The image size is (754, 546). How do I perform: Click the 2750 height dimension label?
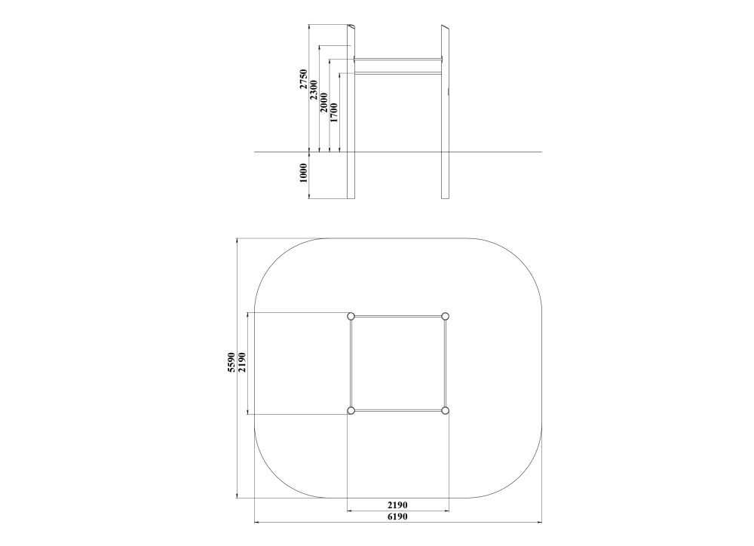coord(303,79)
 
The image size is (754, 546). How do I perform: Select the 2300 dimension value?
coord(314,90)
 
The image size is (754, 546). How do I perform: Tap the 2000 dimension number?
coord(323,103)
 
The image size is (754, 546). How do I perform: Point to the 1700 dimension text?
coord(334,112)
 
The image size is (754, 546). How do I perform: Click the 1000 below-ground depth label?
coord(303,173)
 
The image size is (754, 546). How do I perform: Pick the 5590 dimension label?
coord(231,362)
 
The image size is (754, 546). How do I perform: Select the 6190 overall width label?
coord(397,517)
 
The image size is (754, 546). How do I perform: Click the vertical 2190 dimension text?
coord(242,362)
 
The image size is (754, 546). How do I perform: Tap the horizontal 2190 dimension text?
coord(397,505)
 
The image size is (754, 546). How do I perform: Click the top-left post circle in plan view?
coord(351,316)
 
